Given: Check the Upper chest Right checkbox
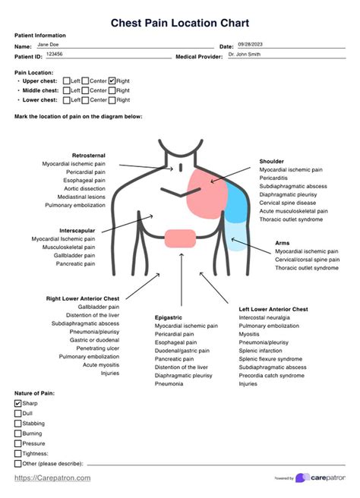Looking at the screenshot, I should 112,80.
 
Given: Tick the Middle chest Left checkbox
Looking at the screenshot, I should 67,90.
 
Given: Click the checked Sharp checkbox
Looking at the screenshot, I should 18,404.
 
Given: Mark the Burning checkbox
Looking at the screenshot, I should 18,433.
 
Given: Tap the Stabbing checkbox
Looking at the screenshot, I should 18,424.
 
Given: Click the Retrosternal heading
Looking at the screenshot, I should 89,155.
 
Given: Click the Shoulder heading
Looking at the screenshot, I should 272,162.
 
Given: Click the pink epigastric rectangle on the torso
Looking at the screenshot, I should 181,237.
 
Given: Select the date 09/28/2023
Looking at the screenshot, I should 251,45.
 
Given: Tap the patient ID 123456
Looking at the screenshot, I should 55,55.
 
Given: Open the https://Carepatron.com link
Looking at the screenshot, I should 52,478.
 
